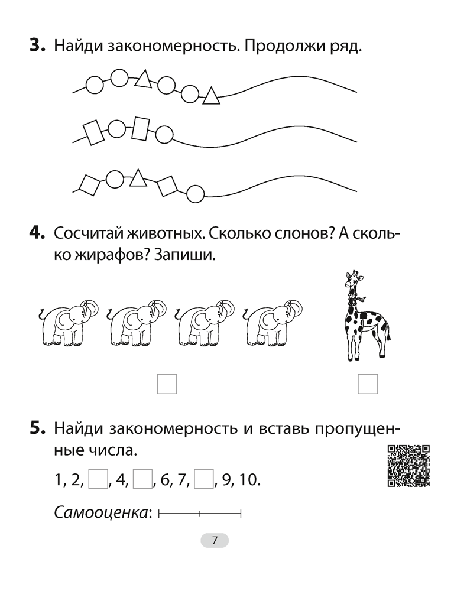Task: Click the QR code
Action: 408,465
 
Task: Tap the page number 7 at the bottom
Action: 215,540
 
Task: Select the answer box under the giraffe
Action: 368,384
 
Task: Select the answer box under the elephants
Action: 167,384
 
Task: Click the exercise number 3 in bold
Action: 37,46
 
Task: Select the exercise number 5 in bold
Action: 37,428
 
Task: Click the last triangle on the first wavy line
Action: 211,96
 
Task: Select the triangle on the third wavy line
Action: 138,177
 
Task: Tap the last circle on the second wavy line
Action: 164,135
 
